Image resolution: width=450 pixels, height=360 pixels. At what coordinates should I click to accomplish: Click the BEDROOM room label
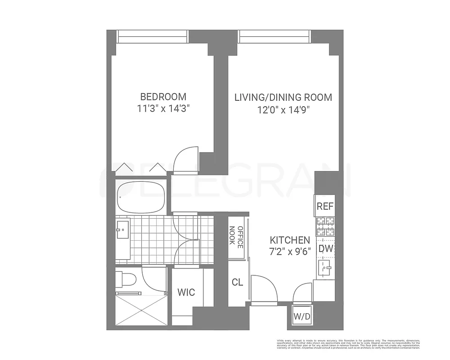pyautogui.click(x=163, y=97)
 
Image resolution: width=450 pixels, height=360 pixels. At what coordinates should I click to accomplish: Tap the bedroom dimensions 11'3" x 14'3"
pyautogui.click(x=163, y=108)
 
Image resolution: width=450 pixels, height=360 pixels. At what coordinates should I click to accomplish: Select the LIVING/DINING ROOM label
pyautogui.click(x=283, y=97)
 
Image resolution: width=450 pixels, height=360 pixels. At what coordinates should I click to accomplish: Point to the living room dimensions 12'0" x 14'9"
pyautogui.click(x=283, y=109)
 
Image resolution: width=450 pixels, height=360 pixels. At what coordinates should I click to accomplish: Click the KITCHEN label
pyautogui.click(x=290, y=240)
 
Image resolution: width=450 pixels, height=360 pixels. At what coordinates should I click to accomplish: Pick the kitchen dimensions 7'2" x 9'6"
pyautogui.click(x=290, y=252)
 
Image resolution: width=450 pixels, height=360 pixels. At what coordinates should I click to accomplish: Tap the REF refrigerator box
pyautogui.click(x=325, y=206)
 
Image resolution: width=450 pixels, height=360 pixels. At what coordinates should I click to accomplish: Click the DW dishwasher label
pyautogui.click(x=325, y=248)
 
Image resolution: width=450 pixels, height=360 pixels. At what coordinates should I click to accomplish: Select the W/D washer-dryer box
pyautogui.click(x=302, y=317)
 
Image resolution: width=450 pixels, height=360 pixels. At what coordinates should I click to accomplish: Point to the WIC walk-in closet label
pyautogui.click(x=186, y=292)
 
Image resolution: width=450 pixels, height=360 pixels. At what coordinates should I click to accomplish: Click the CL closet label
pyautogui.click(x=237, y=283)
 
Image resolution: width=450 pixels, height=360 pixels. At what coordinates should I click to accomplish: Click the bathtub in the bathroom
pyautogui.click(x=140, y=197)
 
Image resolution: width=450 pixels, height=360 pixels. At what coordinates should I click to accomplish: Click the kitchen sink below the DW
pyautogui.click(x=325, y=268)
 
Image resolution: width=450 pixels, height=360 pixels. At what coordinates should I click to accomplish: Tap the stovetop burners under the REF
pyautogui.click(x=325, y=226)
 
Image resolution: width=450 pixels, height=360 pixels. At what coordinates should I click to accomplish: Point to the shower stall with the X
pyautogui.click(x=141, y=310)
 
